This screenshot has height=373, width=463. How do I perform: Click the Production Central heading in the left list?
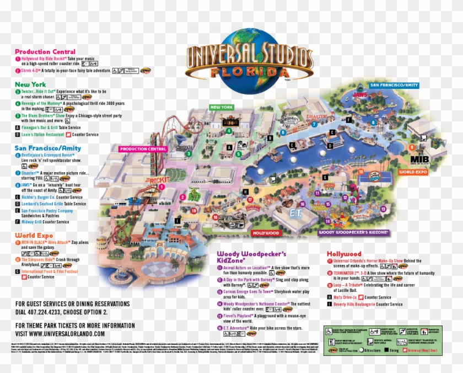tap(45, 52)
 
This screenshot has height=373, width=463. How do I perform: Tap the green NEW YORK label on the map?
tap(222, 107)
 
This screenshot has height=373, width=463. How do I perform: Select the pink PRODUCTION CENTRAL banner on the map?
tap(143, 149)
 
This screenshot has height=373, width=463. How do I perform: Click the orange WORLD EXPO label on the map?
tap(414, 172)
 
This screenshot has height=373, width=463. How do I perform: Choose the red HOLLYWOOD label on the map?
tap(266, 233)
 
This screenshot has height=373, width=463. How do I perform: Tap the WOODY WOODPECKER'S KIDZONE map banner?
tap(354, 232)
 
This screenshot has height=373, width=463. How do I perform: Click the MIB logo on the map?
tap(419, 160)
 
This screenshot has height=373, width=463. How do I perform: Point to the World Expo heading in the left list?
tap(34, 236)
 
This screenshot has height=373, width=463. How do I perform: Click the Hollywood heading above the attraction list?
tap(344, 254)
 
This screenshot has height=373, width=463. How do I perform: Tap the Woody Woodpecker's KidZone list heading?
tap(251, 257)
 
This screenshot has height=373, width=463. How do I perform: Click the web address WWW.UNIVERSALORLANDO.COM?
tap(60, 334)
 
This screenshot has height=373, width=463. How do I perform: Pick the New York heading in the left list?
tap(30, 84)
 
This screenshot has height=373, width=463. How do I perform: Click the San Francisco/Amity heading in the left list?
tap(47, 148)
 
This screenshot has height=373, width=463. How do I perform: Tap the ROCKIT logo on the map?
tap(156, 180)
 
